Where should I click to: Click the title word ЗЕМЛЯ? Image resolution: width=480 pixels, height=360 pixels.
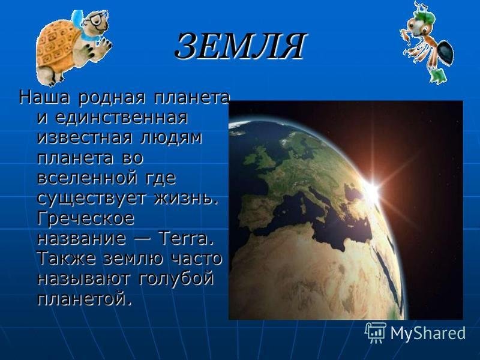pyautogui.click(x=240, y=46)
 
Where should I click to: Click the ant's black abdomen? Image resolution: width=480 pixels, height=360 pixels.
pyautogui.click(x=445, y=53)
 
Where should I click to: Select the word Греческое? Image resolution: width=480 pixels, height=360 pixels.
pyautogui.click(x=86, y=218)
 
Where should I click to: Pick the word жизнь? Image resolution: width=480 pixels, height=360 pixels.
pyautogui.click(x=186, y=198)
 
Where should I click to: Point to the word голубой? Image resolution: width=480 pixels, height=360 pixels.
pyautogui.click(x=176, y=279)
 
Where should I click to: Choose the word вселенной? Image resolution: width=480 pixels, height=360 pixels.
pyautogui.click(x=87, y=178)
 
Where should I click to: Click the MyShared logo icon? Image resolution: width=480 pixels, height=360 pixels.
pyautogui.click(x=376, y=332)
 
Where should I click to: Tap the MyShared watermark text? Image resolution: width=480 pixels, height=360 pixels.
pyautogui.click(x=428, y=333)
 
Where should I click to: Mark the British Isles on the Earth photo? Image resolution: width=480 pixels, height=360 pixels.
pyautogui.click(x=259, y=157)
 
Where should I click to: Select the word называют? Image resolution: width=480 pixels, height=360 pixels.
pyautogui.click(x=84, y=279)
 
